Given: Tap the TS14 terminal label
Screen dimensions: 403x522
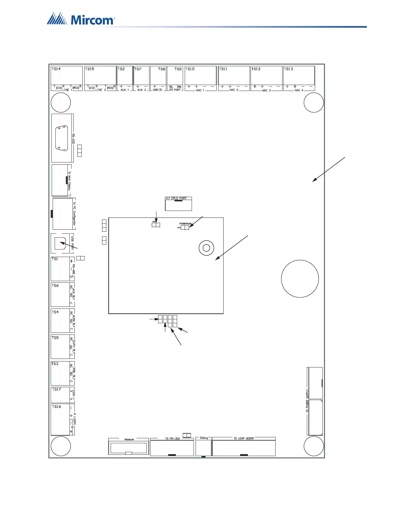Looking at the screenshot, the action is [56, 69].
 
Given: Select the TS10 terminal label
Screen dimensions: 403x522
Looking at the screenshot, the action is [190, 69].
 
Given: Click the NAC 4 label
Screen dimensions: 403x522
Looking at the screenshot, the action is [299, 90].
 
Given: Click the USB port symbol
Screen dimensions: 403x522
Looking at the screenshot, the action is [60, 243].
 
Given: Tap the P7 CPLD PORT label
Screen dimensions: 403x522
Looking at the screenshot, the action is [176, 198].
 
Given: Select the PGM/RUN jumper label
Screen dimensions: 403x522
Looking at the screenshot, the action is [185, 224].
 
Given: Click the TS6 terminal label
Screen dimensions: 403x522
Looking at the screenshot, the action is [55, 285].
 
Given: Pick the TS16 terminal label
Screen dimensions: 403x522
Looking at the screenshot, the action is [56, 407].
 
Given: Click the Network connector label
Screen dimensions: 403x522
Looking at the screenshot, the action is [129, 439].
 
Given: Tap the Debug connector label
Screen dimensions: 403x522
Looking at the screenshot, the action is [204, 438].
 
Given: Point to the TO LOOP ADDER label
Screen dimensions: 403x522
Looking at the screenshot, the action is [244, 438].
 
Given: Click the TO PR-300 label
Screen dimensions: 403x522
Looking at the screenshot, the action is [173, 439].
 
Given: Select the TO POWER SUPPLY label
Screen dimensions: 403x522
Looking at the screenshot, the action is [307, 401].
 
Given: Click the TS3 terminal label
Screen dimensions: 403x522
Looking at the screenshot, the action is [55, 364].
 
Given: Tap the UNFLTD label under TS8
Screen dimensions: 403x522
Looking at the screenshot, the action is [157, 90].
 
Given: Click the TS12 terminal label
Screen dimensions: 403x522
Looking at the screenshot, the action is [256, 69].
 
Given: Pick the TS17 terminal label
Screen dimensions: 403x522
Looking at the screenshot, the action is [56, 389].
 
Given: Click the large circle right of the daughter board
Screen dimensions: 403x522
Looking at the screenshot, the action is [300, 278].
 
